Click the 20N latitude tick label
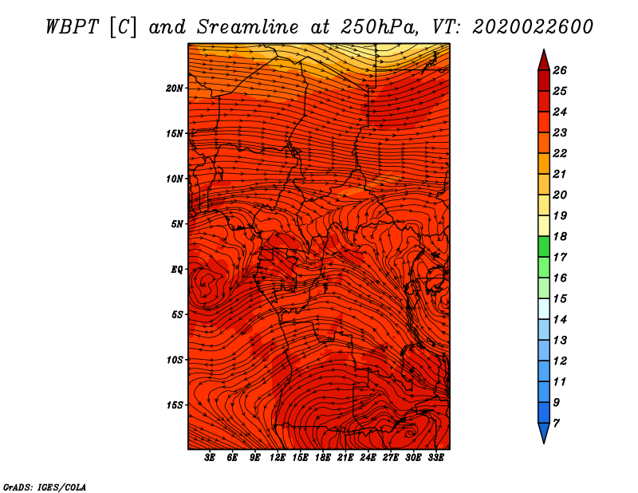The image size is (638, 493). coord(174,89)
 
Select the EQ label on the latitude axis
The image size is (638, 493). coord(176,270)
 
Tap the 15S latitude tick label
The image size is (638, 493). coord(175,405)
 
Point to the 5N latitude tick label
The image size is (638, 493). coord(177,224)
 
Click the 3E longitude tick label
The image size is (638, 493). coord(210,458)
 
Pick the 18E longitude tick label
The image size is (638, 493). coord(323,458)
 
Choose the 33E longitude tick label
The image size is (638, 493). coord(435,458)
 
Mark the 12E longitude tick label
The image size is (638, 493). coord(278,458)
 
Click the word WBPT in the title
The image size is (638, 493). coord(72,27)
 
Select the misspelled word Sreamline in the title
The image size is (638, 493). coord(248,27)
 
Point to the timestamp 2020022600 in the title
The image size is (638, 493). coord(533,27)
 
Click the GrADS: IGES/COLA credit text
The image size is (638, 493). coord(45,487)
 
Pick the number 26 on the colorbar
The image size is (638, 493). coord(560,70)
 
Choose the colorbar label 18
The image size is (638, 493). coord(560,236)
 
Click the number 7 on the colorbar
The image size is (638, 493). coord(556,424)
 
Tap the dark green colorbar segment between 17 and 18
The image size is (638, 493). coord(544,246)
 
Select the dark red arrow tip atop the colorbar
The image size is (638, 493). coord(544,61)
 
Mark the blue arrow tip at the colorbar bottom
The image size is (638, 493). coord(544,433)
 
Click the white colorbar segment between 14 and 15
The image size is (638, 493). coord(544,309)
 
